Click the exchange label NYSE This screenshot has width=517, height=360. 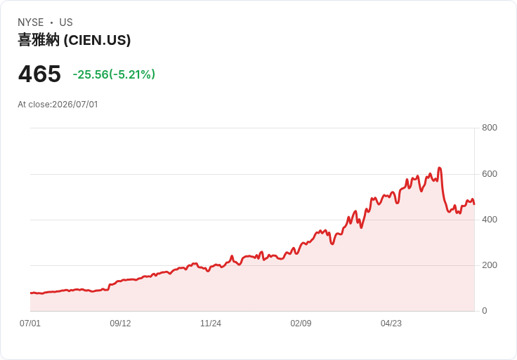[x=31, y=22]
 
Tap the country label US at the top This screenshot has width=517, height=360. [x=66, y=22]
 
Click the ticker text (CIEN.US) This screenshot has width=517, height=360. [x=97, y=40]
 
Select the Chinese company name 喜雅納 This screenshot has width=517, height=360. [x=39, y=40]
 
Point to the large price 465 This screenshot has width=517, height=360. [x=39, y=74]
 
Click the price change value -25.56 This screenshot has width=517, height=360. [x=91, y=74]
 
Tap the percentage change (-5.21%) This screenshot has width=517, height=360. [x=132, y=74]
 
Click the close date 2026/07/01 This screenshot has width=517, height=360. [x=75, y=105]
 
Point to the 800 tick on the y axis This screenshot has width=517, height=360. [x=490, y=128]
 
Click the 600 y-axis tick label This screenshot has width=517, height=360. [x=490, y=174]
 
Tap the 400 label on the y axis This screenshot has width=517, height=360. [x=490, y=220]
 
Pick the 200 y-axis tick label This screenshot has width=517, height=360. [x=490, y=265]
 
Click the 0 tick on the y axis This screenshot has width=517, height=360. [x=485, y=311]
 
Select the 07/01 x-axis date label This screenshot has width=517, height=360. [x=30, y=323]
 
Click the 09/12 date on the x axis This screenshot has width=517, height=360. [x=120, y=323]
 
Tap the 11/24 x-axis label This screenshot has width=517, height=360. [x=211, y=323]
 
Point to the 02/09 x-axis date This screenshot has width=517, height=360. [x=301, y=323]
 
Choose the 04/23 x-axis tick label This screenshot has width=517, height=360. [x=391, y=323]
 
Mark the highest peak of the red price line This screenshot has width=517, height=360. [x=439, y=168]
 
